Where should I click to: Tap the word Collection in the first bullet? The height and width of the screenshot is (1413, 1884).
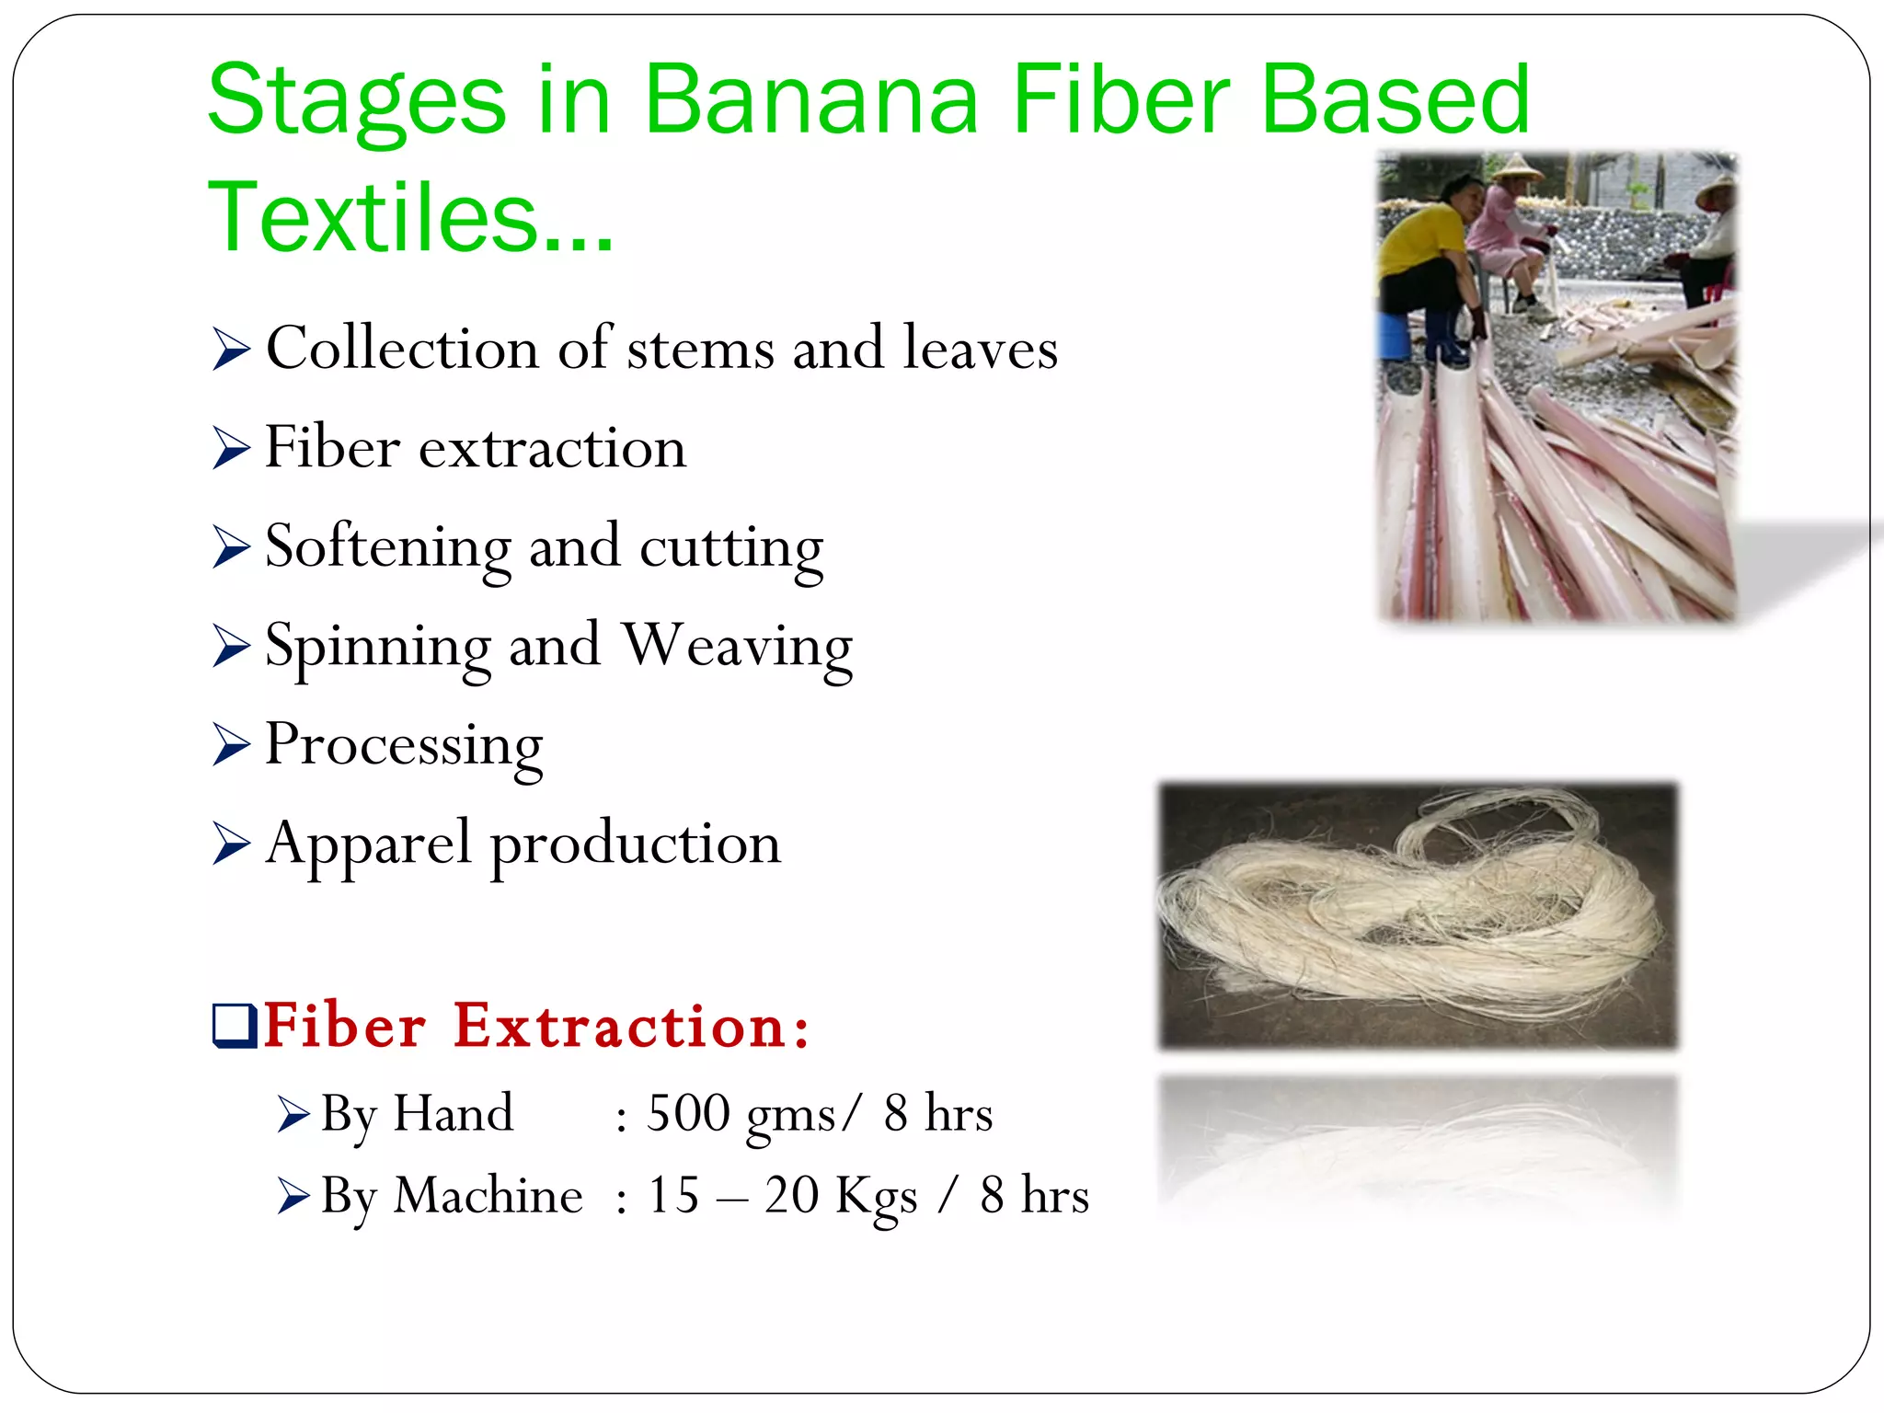point(402,349)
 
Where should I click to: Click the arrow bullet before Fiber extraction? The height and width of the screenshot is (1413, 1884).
point(230,448)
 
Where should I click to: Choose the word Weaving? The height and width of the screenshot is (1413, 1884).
point(737,647)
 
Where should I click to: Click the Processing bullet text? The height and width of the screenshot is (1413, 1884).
point(404,746)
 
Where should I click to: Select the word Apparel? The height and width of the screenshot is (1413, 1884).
point(368,844)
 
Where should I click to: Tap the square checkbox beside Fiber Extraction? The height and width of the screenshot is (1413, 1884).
point(234,1026)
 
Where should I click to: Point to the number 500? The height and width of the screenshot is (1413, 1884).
point(688,1113)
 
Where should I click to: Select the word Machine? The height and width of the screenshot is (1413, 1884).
point(488,1196)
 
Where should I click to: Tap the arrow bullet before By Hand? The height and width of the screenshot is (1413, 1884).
point(293,1115)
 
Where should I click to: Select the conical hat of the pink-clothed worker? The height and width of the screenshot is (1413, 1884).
point(1516,167)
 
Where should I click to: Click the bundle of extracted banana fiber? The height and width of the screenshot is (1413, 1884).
point(1417,920)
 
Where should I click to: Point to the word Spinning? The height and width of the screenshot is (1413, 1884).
point(378,647)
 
